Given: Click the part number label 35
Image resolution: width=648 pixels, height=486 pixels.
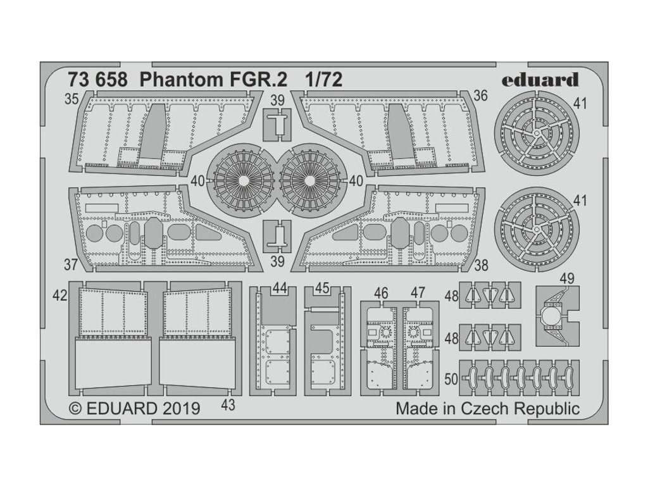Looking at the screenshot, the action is coord(71,99).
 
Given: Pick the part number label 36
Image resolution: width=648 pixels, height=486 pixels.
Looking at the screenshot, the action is coord(480,96).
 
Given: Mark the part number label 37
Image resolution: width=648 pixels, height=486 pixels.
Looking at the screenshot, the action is coord(71,263).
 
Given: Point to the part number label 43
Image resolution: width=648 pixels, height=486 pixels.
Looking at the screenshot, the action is coord(228,406).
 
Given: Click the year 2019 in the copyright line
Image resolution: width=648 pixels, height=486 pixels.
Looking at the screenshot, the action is coord(181,408).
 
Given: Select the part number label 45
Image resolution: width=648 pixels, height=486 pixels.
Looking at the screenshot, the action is coord(321,288).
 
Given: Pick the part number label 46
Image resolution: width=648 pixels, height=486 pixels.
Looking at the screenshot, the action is coord(381,292).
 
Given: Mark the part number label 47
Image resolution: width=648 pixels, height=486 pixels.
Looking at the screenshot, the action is coord(418,292).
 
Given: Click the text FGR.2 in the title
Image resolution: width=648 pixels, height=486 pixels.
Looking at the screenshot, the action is coord(215,80).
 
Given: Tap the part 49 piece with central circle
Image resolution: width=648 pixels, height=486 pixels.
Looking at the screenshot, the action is coord(552,315).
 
